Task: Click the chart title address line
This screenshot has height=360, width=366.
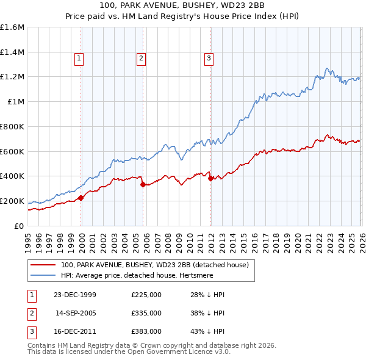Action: (x=183, y=5)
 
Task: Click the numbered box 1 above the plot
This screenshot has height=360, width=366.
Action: (x=80, y=59)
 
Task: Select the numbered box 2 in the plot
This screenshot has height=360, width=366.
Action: (x=141, y=59)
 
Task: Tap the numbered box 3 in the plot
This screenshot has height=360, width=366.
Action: (x=209, y=59)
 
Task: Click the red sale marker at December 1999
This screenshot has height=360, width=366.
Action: (x=81, y=197)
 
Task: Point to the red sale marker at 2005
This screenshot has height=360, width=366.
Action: (x=143, y=184)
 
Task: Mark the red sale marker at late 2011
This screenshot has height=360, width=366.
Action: (x=210, y=178)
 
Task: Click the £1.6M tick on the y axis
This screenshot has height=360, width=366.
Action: (x=12, y=27)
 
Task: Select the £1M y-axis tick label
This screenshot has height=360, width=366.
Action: (x=15, y=102)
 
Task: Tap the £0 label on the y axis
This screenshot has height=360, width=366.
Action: (x=19, y=226)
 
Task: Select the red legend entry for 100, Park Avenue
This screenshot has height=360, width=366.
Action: (x=154, y=265)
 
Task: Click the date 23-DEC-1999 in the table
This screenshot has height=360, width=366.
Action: (x=75, y=295)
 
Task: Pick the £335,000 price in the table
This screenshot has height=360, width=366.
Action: (x=146, y=313)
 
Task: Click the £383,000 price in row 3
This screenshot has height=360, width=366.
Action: (x=146, y=331)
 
